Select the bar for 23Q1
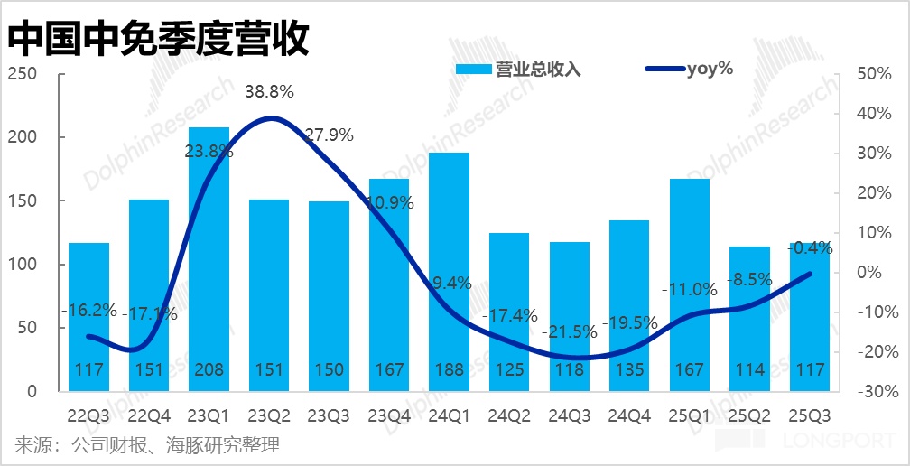tap(209, 262)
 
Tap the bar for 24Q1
tap(449, 271)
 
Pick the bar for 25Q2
tap(748, 316)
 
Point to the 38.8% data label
tap(269, 91)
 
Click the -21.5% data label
tap(570, 331)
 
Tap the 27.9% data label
tap(329, 135)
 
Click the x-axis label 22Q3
tap(88, 416)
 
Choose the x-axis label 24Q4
tap(629, 416)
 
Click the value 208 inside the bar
tap(209, 370)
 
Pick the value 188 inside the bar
tap(449, 370)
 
